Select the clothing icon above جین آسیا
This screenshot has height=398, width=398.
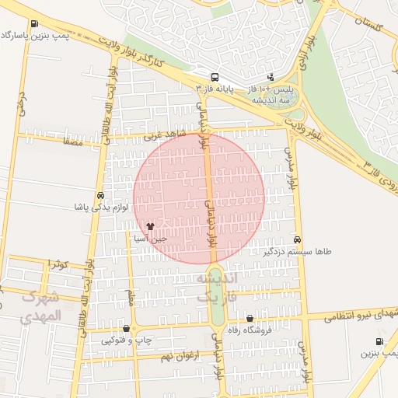(150, 226)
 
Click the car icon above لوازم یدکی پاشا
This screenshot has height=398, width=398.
(100, 195)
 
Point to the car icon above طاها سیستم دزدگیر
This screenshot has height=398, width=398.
(298, 240)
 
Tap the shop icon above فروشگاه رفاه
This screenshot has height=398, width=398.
(250, 318)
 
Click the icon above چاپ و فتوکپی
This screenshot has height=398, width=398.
(127, 328)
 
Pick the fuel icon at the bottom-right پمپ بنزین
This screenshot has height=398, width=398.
(379, 341)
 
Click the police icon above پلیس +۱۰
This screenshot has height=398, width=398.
(271, 76)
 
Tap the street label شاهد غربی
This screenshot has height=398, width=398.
(165, 135)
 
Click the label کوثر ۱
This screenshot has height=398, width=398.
(58, 264)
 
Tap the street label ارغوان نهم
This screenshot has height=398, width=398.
(180, 355)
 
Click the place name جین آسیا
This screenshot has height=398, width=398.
(147, 239)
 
